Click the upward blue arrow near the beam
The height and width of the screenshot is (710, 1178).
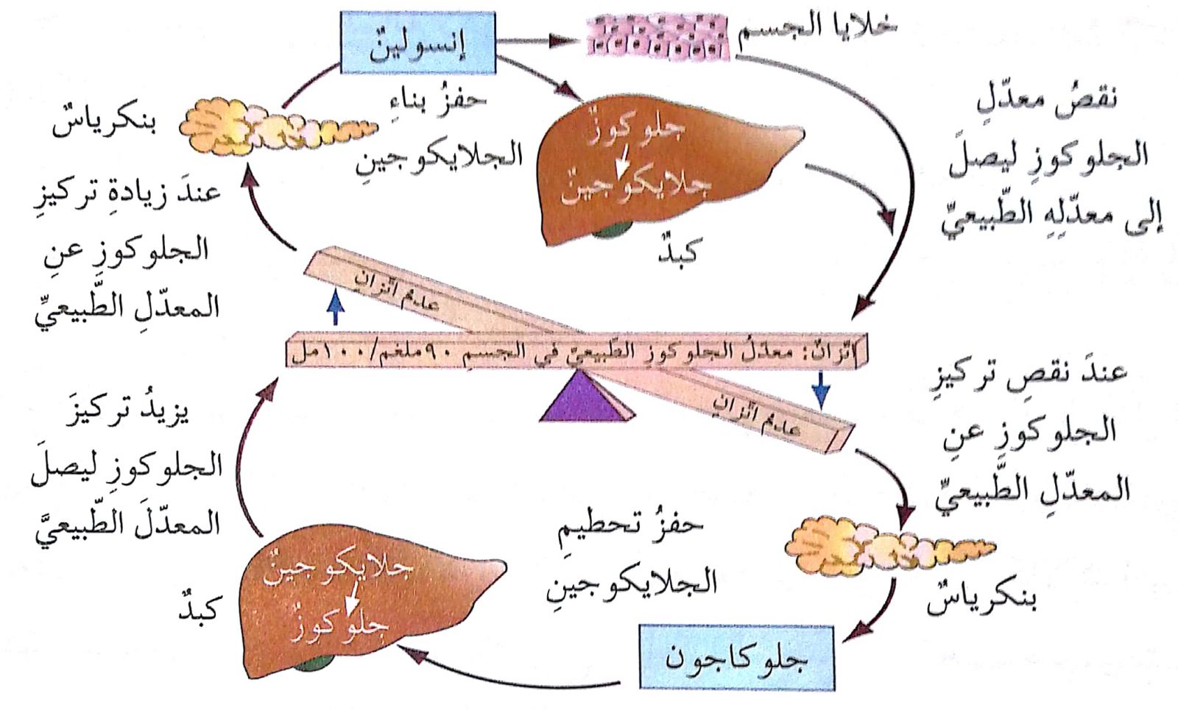tap(336, 307)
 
